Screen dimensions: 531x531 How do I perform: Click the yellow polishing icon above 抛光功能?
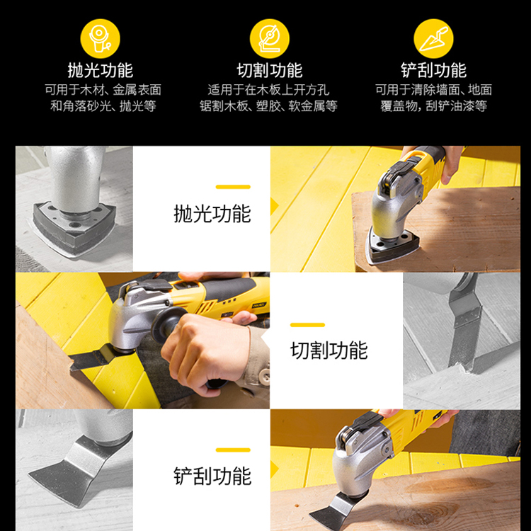tap(100, 39)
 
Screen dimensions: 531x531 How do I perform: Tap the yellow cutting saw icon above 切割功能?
tap(270, 39)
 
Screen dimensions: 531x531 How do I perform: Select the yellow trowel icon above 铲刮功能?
tap(433, 39)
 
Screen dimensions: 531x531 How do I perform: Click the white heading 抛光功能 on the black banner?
tap(101, 70)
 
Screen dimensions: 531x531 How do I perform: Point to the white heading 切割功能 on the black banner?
tap(270, 70)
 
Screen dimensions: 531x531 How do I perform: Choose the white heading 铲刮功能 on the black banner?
tap(433, 70)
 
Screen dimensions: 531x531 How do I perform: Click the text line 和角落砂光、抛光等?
tap(103, 106)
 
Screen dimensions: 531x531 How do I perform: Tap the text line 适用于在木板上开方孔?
tap(268, 90)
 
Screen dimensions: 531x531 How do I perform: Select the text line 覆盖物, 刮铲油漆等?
tap(433, 106)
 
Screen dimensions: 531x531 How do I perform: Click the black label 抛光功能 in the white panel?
tap(212, 214)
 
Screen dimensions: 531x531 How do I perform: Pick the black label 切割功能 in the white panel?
tap(329, 350)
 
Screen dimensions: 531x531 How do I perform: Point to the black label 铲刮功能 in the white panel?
tap(212, 476)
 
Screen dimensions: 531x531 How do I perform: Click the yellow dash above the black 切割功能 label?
tap(307, 325)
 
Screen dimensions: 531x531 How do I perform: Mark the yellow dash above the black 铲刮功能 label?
tap(233, 450)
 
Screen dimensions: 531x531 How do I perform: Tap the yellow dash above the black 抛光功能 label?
tap(233, 187)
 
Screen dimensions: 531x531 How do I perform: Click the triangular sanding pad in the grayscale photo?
tap(74, 229)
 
